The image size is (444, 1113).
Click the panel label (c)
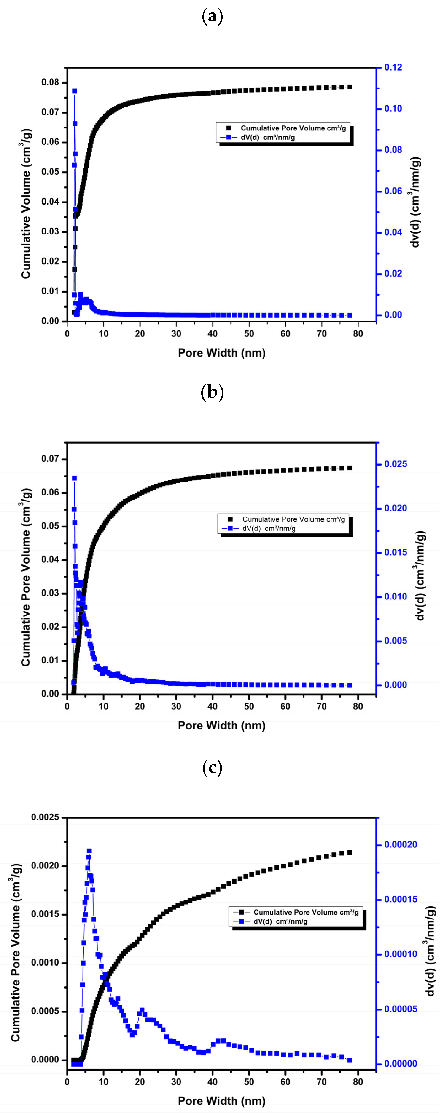coord(212,767)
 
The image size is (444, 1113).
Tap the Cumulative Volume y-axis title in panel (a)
coord(26,203)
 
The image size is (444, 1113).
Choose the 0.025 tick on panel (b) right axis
coord(395,464)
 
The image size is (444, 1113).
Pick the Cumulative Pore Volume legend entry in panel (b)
coord(293,519)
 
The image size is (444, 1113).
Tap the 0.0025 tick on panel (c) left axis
coord(45,817)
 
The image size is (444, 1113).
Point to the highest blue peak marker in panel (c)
coord(89,851)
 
